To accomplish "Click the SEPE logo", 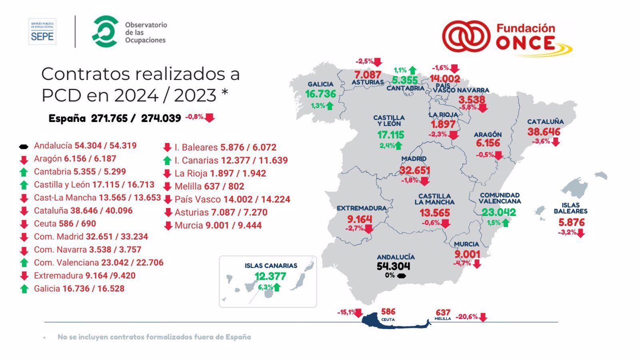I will click(42, 32).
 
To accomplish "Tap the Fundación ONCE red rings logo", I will click(466, 37).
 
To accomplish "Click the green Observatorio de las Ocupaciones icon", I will click(105, 32).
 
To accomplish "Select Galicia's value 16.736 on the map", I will click(320, 94).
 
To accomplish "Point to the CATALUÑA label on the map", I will click(545, 122).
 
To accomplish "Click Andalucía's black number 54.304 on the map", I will click(393, 266).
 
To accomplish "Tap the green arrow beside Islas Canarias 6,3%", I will click(276, 287).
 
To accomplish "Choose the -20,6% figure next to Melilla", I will click(466, 317).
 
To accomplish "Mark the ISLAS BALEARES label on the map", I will click(570, 208).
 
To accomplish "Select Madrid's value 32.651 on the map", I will click(415, 170).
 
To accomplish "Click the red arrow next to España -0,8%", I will click(210, 118).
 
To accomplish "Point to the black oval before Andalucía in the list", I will click(24, 146).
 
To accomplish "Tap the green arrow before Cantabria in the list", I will click(24, 172).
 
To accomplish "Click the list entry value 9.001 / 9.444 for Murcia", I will click(233, 226).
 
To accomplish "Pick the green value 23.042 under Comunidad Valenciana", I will click(498, 212).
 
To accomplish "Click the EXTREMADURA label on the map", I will click(362, 208).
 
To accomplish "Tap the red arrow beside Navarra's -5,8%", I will click(483, 108).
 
